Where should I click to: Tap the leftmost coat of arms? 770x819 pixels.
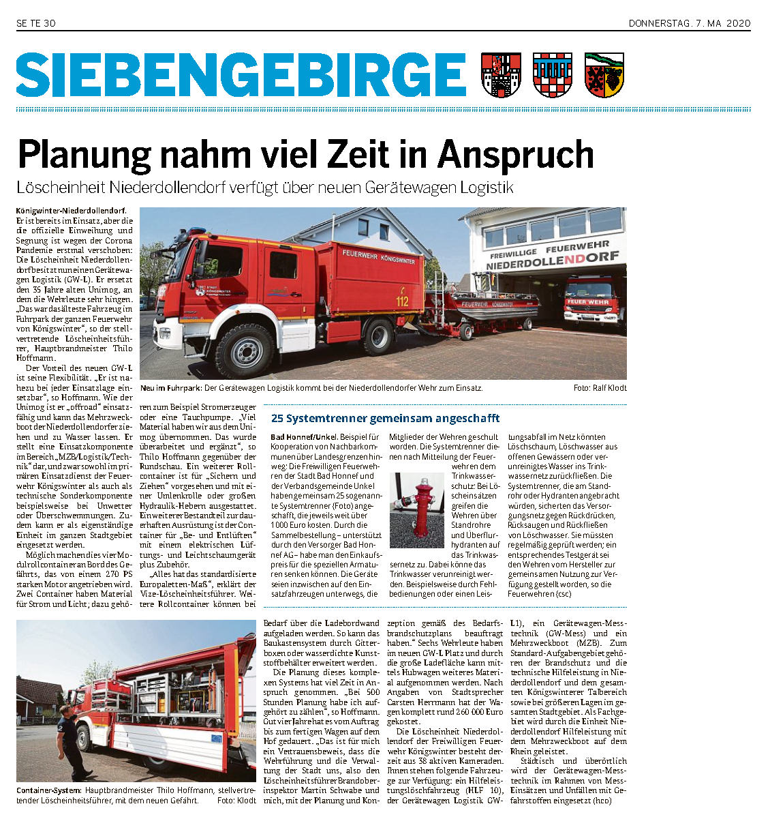(501, 75)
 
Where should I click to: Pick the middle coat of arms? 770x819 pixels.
(552, 75)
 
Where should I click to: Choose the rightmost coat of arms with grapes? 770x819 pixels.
(604, 75)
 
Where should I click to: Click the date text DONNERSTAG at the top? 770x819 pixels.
(659, 24)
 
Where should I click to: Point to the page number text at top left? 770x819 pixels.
(35, 24)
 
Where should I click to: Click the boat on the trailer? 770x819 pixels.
(490, 306)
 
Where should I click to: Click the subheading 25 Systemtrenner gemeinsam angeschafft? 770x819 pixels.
(385, 418)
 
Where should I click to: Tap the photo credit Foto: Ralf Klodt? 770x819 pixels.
(600, 388)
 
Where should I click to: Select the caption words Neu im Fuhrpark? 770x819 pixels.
(170, 388)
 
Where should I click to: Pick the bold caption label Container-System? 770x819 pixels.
(48, 790)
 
